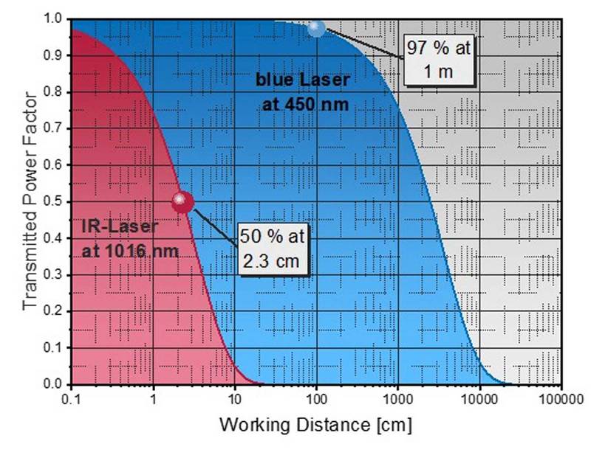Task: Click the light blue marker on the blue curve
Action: click(x=316, y=29)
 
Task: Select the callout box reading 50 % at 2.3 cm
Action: click(x=272, y=250)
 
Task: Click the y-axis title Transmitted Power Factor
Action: click(x=30, y=200)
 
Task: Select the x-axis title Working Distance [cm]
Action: click(x=315, y=426)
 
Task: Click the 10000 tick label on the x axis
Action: click(x=479, y=400)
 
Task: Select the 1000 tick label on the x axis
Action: click(x=397, y=400)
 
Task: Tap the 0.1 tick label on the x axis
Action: click(x=72, y=400)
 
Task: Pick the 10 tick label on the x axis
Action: click(x=235, y=400)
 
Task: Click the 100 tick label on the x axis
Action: click(x=316, y=400)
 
